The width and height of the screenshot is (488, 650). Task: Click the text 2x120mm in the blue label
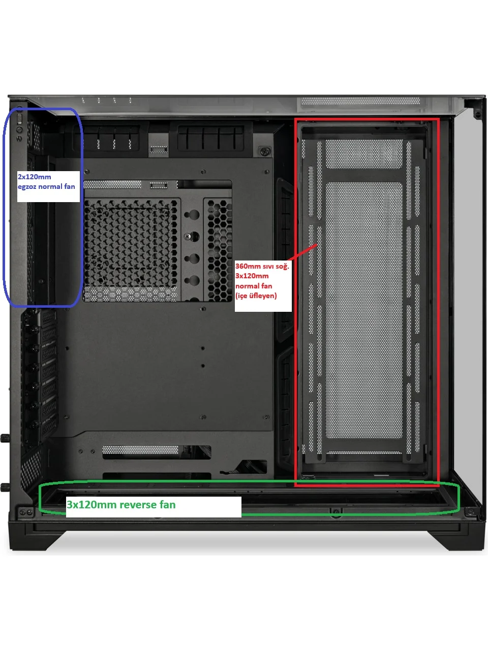[35, 177]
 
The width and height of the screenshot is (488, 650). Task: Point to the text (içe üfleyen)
[256, 296]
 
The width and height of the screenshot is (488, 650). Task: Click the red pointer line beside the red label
[302, 252]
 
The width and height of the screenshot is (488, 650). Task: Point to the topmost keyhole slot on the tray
[192, 214]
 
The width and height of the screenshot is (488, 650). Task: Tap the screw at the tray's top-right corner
[267, 172]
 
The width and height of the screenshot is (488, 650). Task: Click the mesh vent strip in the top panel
[360, 102]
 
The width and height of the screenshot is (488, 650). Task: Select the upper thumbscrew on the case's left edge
[5, 437]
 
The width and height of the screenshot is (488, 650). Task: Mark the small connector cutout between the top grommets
[159, 149]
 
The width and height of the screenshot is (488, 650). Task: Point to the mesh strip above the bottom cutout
[140, 450]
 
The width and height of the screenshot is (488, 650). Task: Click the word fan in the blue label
[69, 186]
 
